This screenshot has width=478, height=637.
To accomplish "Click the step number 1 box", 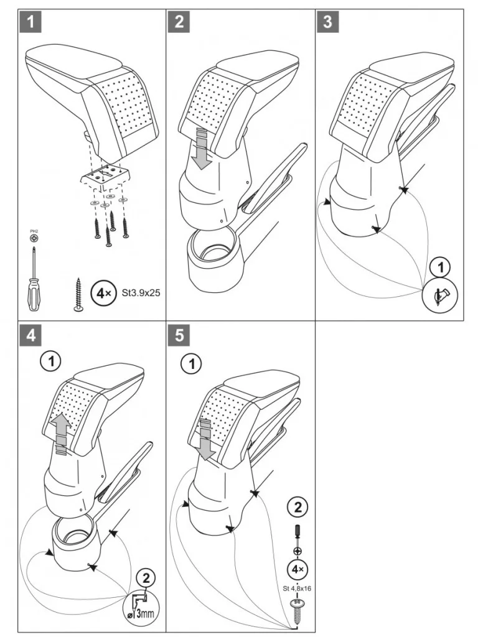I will pos(30,22).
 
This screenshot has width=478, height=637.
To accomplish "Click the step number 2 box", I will pos(179,22).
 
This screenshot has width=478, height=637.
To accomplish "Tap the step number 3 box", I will pos(328,22).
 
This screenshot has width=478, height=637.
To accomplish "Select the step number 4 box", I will pos(30,335).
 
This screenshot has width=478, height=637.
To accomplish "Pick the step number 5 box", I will pos(179,335).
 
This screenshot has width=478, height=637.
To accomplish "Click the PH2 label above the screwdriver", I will pos(34,233).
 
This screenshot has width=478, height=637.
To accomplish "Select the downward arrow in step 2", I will pos(201,149).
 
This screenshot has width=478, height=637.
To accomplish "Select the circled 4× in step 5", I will pos(298,569).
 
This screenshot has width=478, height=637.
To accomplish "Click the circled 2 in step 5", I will pos(298,508).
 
